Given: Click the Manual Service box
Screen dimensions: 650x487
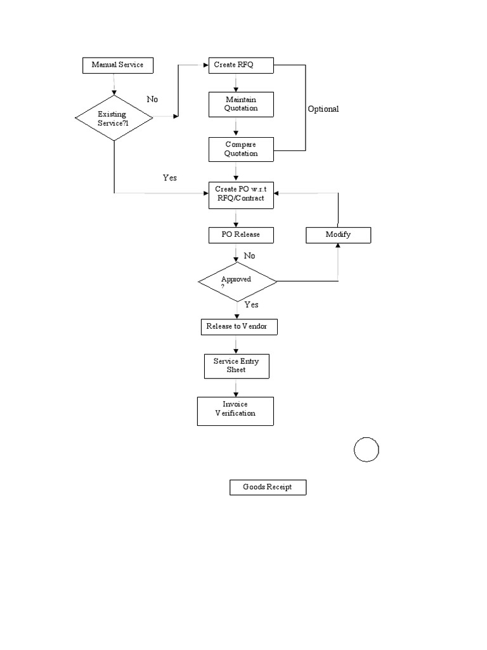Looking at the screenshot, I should (x=117, y=65).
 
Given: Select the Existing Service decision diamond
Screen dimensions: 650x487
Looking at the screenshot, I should (x=114, y=117).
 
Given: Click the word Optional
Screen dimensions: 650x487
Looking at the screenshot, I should (x=323, y=109).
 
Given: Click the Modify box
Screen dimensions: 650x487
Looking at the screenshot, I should (x=338, y=235).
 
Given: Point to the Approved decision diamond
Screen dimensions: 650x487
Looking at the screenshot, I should (x=237, y=281).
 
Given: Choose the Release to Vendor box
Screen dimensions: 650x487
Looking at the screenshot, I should (x=237, y=327).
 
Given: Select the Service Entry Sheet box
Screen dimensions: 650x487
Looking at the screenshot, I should (x=236, y=366).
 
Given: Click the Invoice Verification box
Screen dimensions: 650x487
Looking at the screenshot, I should (x=235, y=411).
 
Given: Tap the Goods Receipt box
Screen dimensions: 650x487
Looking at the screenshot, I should (x=268, y=487).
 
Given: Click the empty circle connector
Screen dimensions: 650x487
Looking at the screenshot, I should (x=366, y=450).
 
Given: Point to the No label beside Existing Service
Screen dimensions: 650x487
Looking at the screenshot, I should (x=152, y=100).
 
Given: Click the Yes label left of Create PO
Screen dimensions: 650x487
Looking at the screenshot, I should (x=169, y=178).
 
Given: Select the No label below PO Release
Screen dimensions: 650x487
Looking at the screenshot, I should (x=249, y=256).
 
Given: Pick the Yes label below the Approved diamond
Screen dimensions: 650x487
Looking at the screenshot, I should (x=251, y=305).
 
